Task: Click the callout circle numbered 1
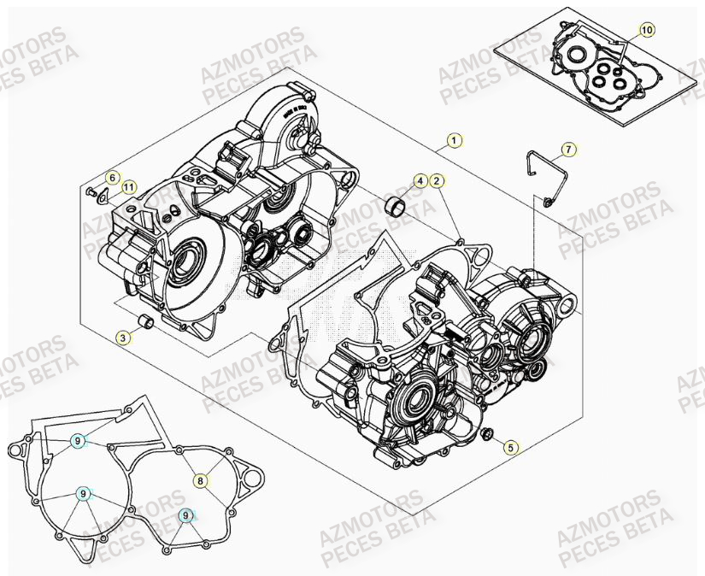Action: click(x=455, y=140)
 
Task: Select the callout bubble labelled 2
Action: click(x=436, y=180)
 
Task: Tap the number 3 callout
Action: click(x=124, y=338)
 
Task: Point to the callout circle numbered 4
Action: click(x=420, y=180)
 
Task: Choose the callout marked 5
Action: click(x=510, y=446)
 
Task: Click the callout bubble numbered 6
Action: click(x=111, y=177)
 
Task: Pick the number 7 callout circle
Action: click(x=569, y=150)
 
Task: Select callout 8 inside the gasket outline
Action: click(x=200, y=481)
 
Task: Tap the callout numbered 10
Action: click(x=646, y=30)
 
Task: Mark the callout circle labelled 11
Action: click(x=127, y=187)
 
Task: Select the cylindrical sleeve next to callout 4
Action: click(x=396, y=205)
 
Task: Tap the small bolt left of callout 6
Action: click(x=90, y=191)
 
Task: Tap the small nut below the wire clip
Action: click(x=545, y=202)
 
